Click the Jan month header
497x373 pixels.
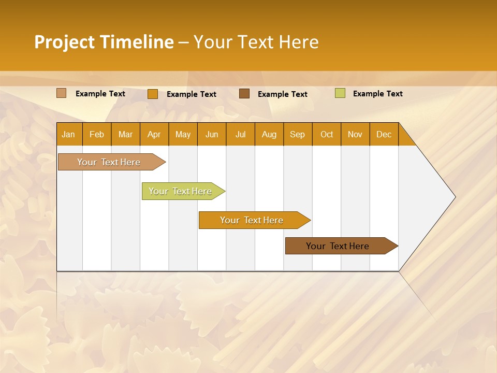pyautogui.click(x=69, y=134)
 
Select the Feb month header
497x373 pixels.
pyautogui.click(x=97, y=134)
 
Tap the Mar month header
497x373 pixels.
pyautogui.click(x=125, y=134)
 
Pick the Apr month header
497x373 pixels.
pyautogui.click(x=154, y=134)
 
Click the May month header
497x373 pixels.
pyautogui.click(x=183, y=134)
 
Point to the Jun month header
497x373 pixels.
pyautogui.click(x=212, y=134)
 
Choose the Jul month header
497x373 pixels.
pyautogui.click(x=240, y=134)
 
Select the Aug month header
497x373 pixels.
pyautogui.click(x=269, y=134)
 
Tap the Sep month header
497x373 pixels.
pyautogui.click(x=298, y=134)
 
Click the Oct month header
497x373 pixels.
pyautogui.click(x=327, y=134)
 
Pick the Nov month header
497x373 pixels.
pyautogui.click(x=355, y=134)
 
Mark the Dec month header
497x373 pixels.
pyautogui.click(x=384, y=134)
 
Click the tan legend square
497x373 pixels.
pyautogui.click(x=61, y=93)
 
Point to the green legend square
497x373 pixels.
pyautogui.click(x=340, y=93)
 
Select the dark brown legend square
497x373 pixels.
pyautogui.click(x=244, y=93)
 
